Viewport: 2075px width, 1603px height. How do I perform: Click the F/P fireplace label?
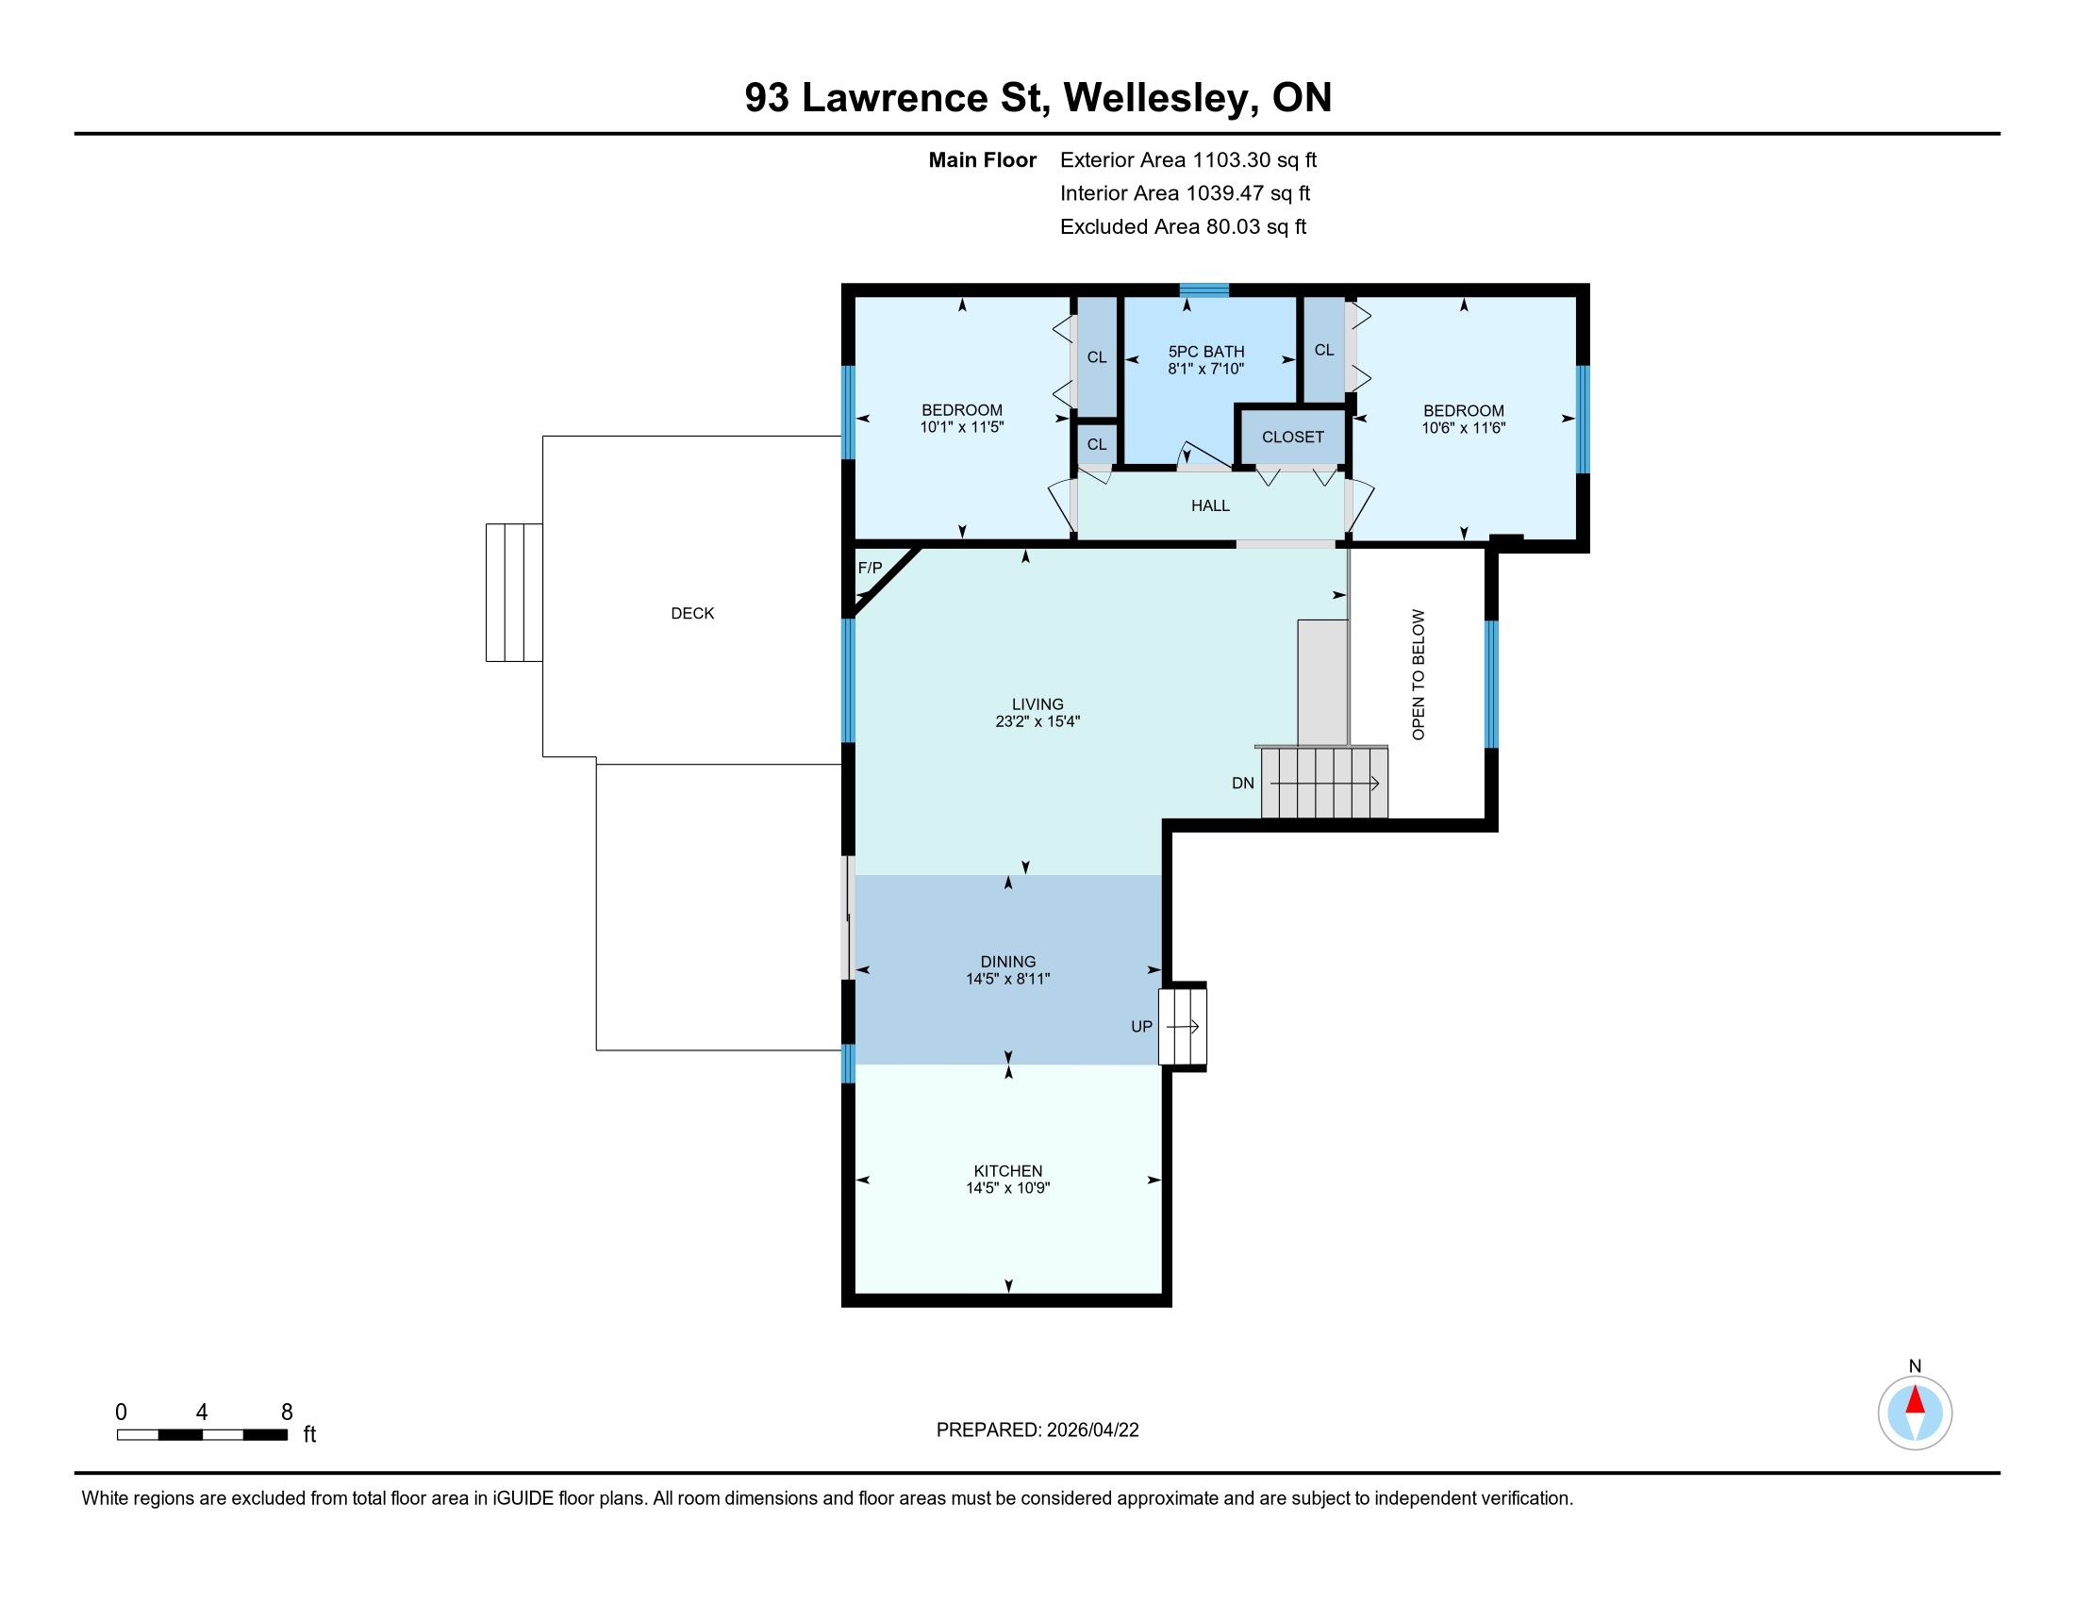click(x=870, y=568)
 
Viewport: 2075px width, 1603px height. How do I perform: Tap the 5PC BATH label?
click(x=1205, y=352)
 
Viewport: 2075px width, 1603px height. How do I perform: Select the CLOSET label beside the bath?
click(x=1292, y=437)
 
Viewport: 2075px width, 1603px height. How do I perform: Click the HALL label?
click(x=1210, y=506)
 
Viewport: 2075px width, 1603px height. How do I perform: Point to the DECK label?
click(x=692, y=614)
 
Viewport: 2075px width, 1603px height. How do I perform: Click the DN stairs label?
click(x=1243, y=784)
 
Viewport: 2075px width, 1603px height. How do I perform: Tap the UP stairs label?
click(x=1141, y=1027)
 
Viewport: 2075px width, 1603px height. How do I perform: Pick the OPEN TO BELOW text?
click(x=1419, y=675)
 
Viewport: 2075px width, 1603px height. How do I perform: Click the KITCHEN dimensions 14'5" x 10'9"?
click(x=1008, y=1188)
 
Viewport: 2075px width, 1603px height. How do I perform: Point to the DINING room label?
click(x=1008, y=962)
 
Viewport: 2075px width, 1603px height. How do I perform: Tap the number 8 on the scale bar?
click(x=287, y=1413)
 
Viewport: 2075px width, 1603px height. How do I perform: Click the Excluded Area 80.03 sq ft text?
click(x=1183, y=227)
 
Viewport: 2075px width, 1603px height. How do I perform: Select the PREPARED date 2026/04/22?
click(x=1091, y=1430)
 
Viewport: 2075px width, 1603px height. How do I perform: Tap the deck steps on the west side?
click(x=514, y=591)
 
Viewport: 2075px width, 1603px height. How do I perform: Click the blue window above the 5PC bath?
click(x=1204, y=289)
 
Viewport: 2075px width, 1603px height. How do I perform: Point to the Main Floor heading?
click(x=983, y=160)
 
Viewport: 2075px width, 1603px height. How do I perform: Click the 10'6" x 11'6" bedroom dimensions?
click(x=1463, y=428)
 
